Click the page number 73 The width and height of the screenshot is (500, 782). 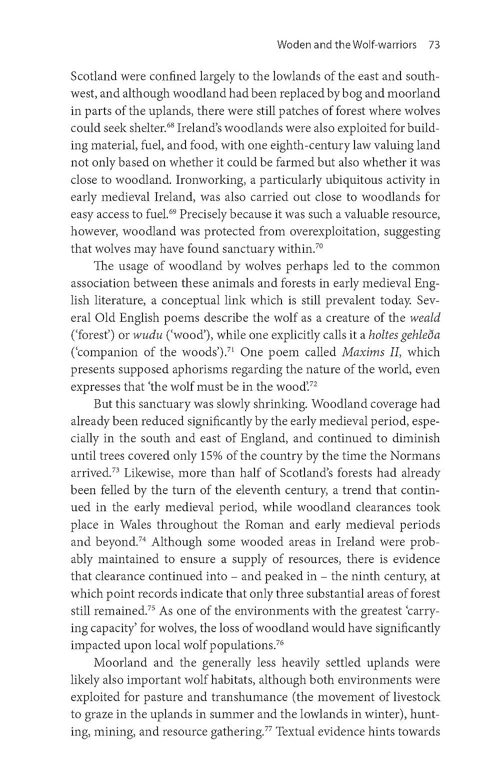433,45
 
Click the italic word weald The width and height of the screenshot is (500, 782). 425,318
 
